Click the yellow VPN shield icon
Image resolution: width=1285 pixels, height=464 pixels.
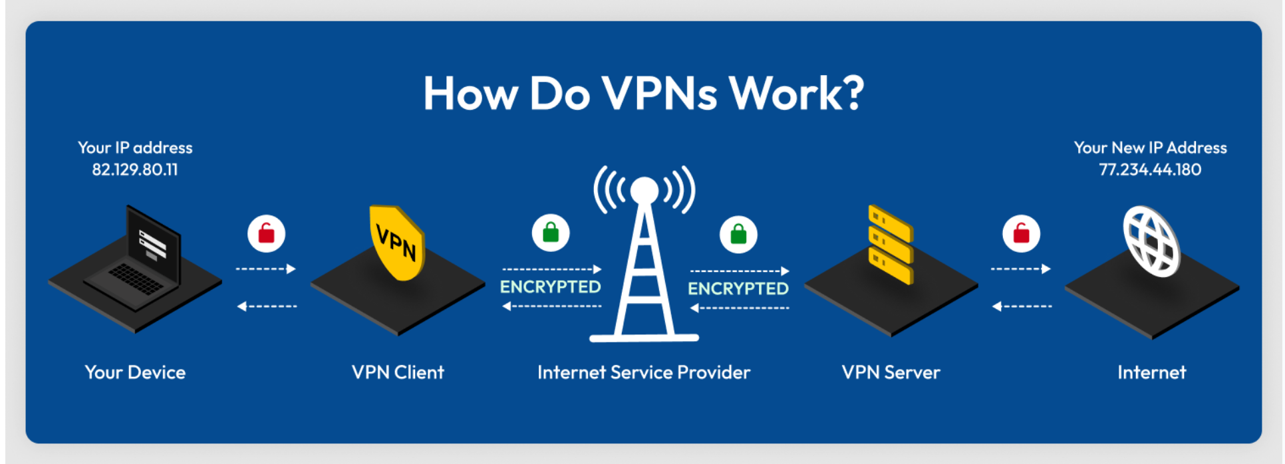pos(396,242)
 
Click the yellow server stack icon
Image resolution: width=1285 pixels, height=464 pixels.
pos(891,244)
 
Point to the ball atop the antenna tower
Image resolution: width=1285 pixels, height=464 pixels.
pos(644,190)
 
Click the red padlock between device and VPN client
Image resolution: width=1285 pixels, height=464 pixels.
pos(267,233)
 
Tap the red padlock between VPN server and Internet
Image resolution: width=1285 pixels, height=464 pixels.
pos(1021,233)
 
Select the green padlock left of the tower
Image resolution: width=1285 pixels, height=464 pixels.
pos(551,233)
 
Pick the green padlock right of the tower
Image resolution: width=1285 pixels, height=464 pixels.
pos(738,234)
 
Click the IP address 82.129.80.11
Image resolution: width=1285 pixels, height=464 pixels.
pos(135,170)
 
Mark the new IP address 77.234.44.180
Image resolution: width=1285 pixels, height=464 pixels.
pos(1150,170)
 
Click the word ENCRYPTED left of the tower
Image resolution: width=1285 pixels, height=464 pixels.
pos(550,287)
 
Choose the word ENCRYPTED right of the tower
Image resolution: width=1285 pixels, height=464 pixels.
pos(738,289)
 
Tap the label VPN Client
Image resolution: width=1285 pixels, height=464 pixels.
pos(398,372)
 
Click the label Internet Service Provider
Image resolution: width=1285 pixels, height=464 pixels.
pos(644,372)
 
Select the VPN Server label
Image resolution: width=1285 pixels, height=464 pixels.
pos(891,372)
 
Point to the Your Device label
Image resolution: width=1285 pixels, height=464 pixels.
pos(135,372)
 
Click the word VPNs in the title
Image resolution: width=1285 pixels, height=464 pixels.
pos(660,93)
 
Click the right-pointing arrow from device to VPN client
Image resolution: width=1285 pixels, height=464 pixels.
pos(290,269)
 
